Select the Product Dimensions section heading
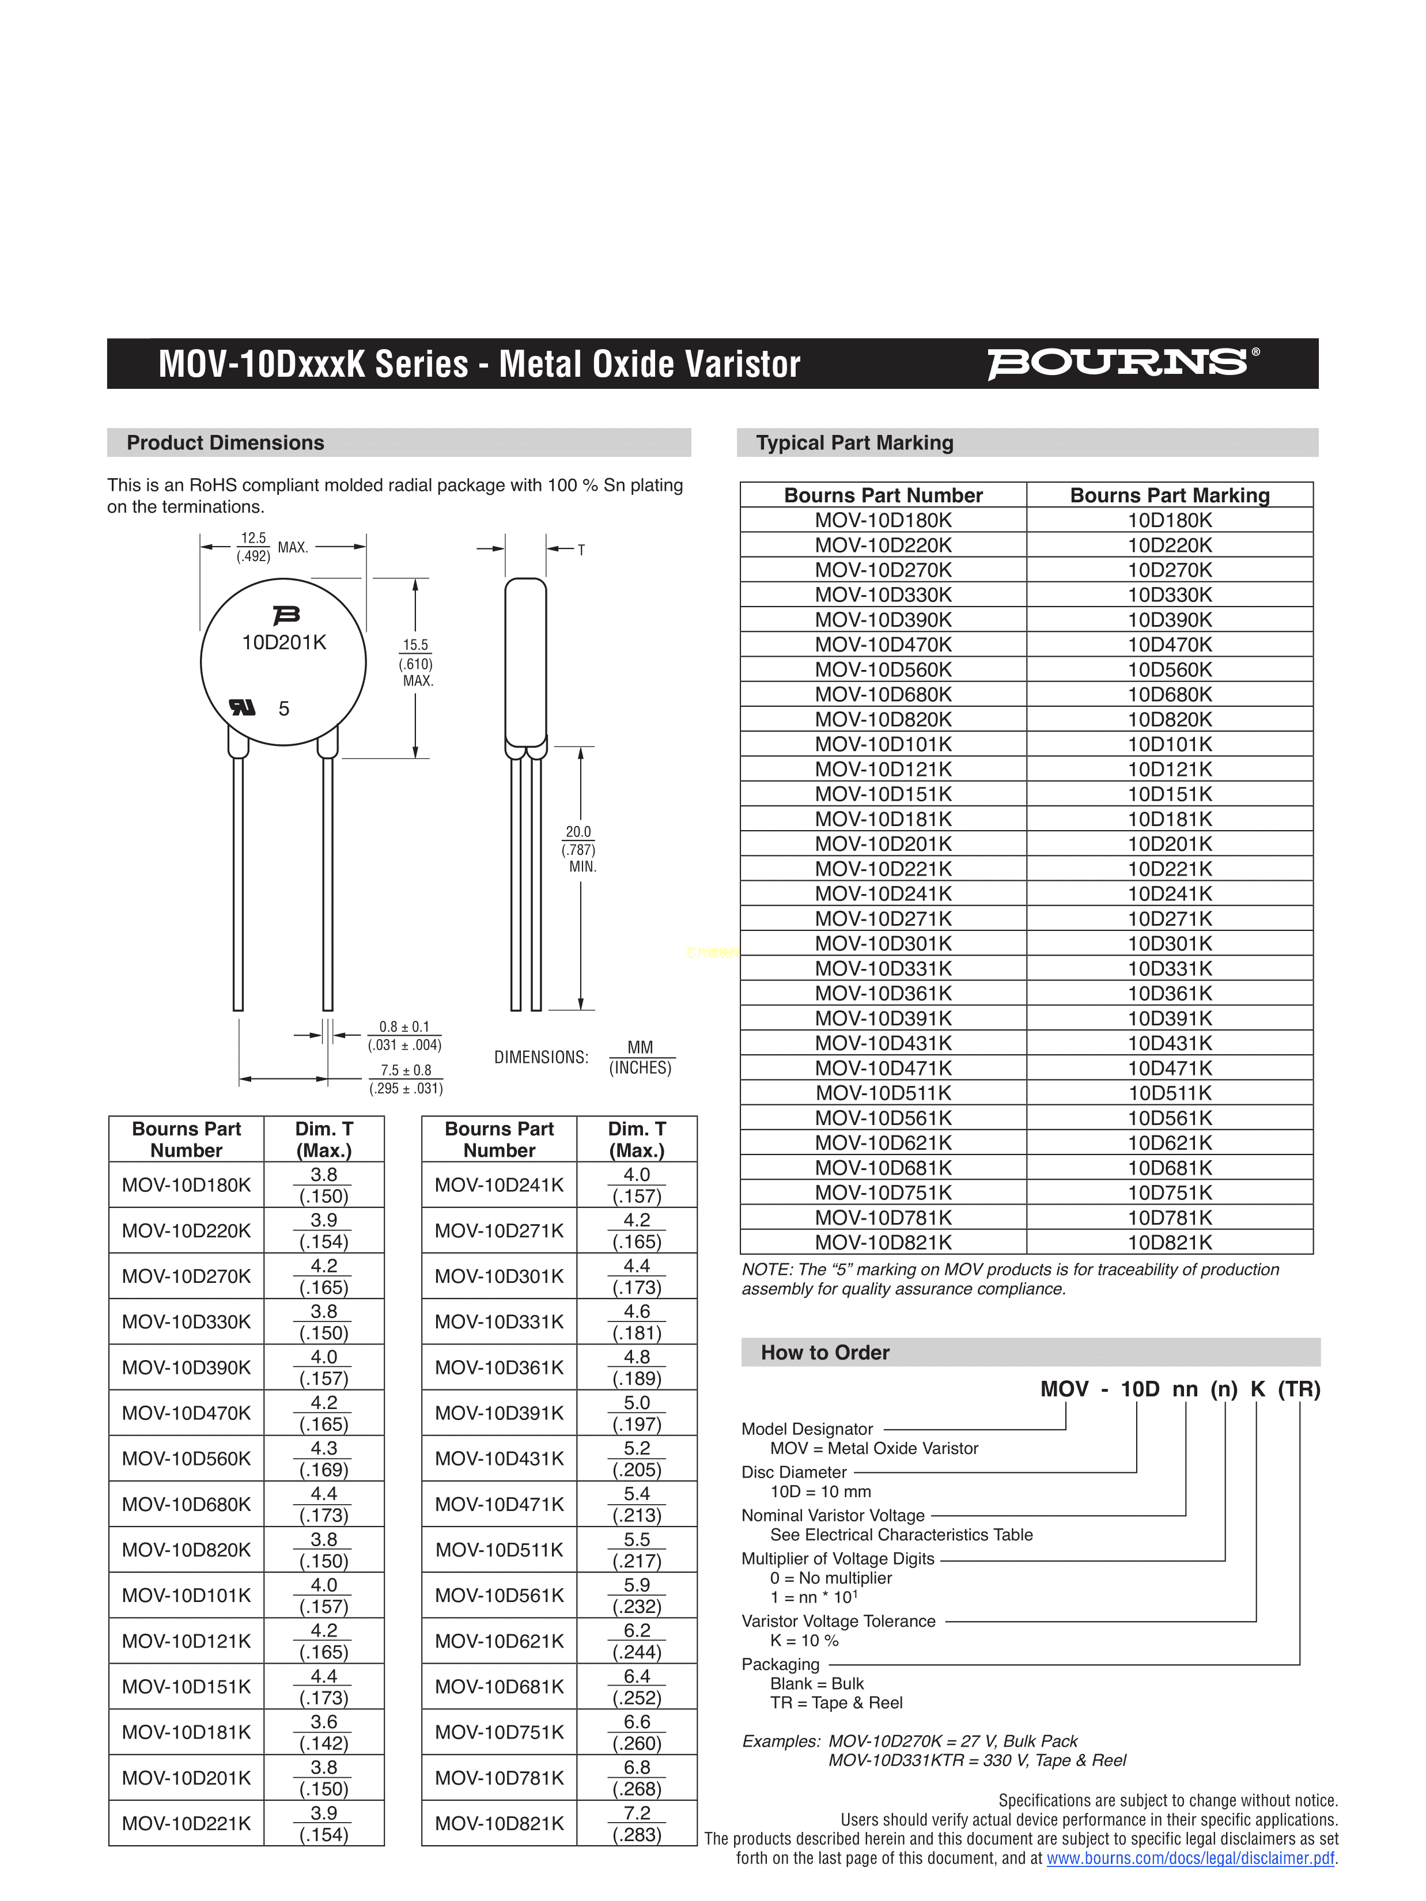coord(225,442)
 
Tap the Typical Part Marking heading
coord(854,442)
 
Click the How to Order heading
coord(824,1353)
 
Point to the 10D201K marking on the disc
coord(283,643)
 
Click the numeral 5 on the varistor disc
coord(283,708)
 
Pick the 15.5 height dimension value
coord(415,645)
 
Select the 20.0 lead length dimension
coord(578,832)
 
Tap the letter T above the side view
coord(581,550)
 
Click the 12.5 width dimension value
coord(254,538)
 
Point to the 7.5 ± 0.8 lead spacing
coord(406,1070)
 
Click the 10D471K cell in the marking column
coord(1170,1068)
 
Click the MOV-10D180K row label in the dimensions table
coord(187,1185)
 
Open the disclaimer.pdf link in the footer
coord(1190,1858)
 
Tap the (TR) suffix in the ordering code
coord(1299,1389)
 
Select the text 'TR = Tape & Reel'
coord(837,1702)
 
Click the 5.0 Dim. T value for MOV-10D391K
coord(637,1403)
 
